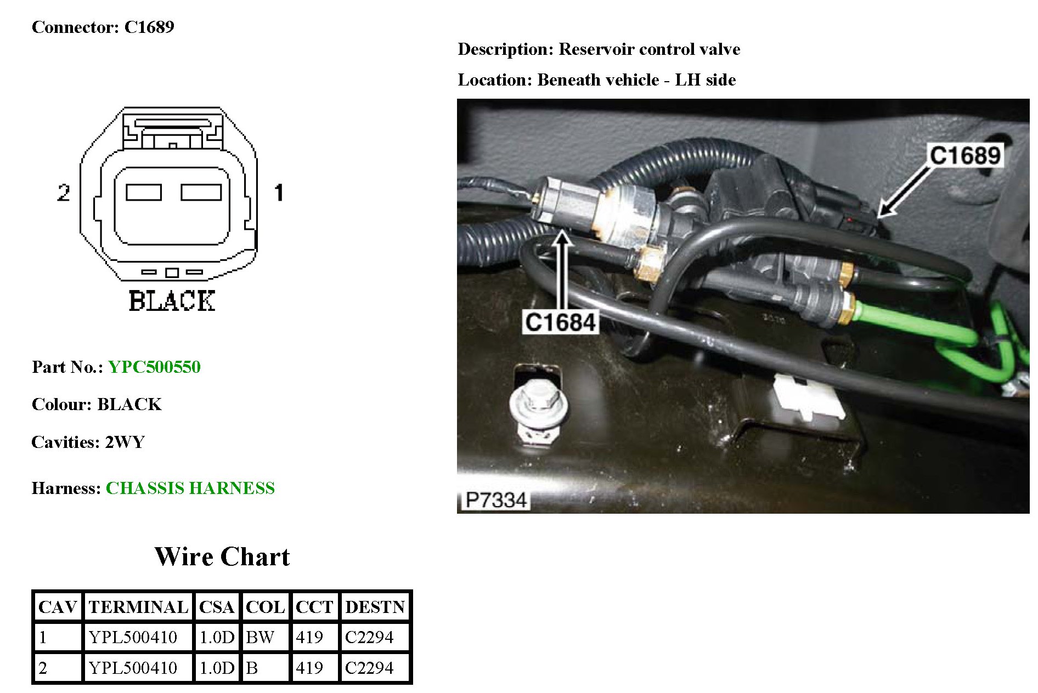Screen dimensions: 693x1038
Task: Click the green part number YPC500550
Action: click(x=154, y=367)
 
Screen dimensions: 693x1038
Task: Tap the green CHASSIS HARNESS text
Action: click(x=190, y=488)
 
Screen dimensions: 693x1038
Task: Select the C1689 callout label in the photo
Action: click(x=964, y=155)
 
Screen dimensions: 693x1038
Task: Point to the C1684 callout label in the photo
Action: click(x=560, y=322)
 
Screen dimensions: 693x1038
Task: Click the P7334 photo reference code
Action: click(x=495, y=500)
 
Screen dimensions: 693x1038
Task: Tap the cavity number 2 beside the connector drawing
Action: click(x=64, y=192)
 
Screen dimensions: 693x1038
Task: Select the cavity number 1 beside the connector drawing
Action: click(x=279, y=192)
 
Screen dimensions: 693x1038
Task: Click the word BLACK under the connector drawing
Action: click(x=172, y=301)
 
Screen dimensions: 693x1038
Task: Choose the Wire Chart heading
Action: click(x=222, y=556)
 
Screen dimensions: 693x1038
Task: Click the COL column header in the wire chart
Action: click(x=265, y=607)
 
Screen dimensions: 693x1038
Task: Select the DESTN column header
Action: click(x=375, y=607)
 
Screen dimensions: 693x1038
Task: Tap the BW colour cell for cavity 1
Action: click(x=260, y=637)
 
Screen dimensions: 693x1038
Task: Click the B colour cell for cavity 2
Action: click(x=252, y=668)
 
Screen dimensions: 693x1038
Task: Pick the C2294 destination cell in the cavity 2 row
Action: click(x=369, y=668)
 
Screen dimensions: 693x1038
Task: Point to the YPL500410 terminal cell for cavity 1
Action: click(x=133, y=637)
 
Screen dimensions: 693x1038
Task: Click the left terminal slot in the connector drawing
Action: click(x=144, y=192)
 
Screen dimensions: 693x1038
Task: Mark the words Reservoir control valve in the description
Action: click(x=649, y=49)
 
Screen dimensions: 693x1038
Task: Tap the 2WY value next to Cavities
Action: click(x=125, y=442)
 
